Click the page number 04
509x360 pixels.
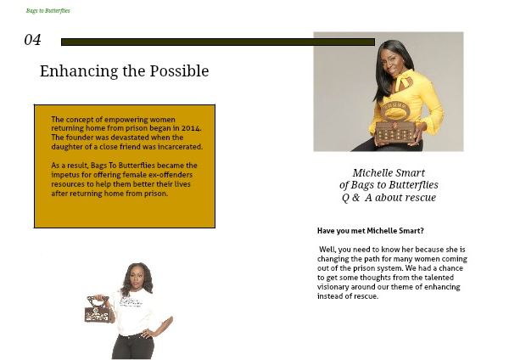32,40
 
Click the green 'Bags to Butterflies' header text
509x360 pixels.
48,11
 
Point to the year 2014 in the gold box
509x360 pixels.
191,128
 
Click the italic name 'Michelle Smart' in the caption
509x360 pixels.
389,172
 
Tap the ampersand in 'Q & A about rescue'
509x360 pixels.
355,197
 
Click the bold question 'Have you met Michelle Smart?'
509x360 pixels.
371,231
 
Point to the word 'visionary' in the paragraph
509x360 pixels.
333,287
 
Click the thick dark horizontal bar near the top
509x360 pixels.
218,42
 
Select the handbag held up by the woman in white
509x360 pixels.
98,309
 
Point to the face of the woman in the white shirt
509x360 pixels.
137,278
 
